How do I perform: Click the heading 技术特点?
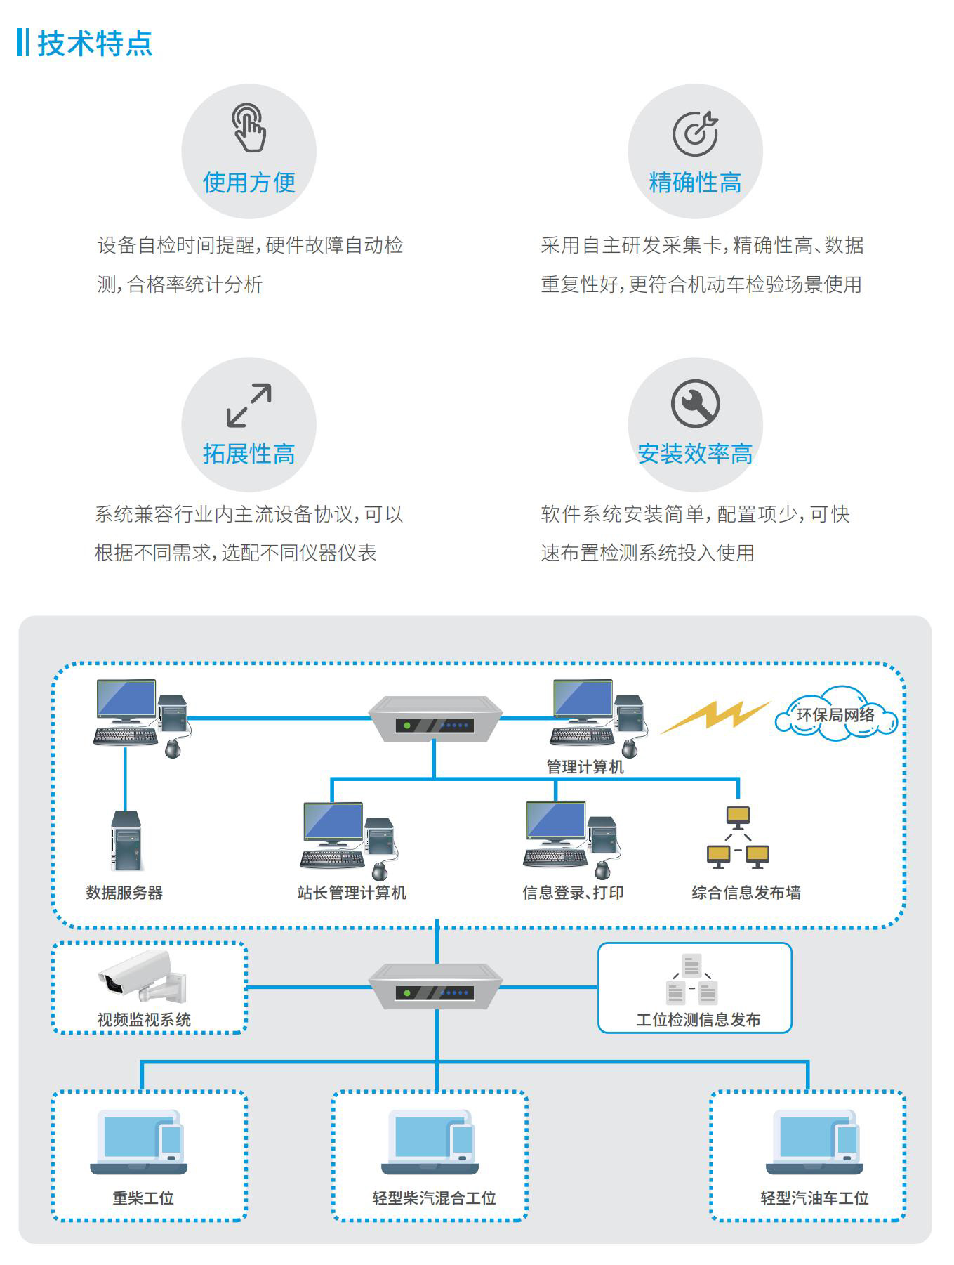pyautogui.click(x=94, y=43)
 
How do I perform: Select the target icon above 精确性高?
pyautogui.click(x=695, y=133)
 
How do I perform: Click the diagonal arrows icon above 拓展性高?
pyautogui.click(x=249, y=405)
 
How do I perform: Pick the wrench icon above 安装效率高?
pyautogui.click(x=695, y=404)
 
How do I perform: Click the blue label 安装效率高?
pyautogui.click(x=695, y=454)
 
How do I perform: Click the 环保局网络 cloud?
pyautogui.click(x=835, y=715)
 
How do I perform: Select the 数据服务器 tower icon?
pyautogui.click(x=126, y=841)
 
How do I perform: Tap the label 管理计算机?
pyautogui.click(x=585, y=767)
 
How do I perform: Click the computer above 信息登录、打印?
pyautogui.click(x=571, y=838)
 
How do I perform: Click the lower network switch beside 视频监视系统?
pyautogui.click(x=435, y=986)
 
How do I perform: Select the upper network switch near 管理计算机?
pyautogui.click(x=435, y=719)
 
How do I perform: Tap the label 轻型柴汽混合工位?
pyautogui.click(x=434, y=1198)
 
